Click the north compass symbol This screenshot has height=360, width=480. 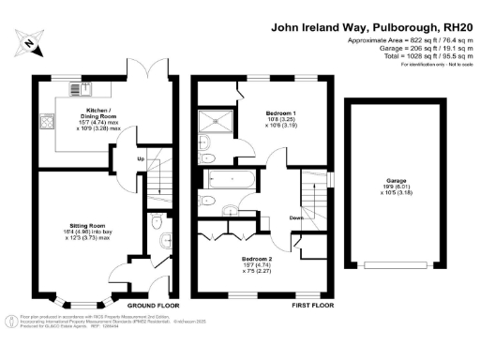click(x=30, y=42)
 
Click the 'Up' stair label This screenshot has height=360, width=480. click(x=142, y=157)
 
